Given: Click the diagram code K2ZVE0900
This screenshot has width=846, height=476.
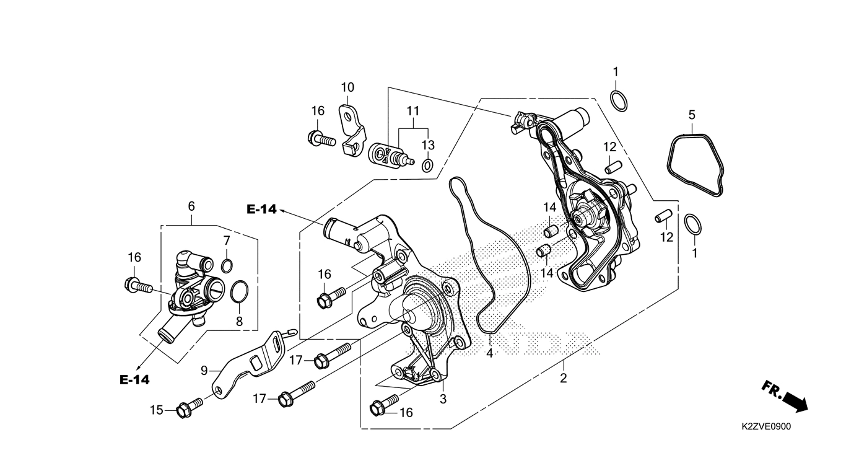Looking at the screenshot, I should click(765, 427).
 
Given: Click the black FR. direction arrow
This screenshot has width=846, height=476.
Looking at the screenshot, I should click(787, 398).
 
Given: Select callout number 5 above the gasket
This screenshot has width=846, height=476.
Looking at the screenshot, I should click(692, 115).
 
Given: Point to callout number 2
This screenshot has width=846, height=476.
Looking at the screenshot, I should click(564, 378).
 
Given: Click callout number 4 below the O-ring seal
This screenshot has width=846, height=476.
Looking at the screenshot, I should click(489, 353).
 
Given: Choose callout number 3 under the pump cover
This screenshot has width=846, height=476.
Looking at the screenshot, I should click(443, 399).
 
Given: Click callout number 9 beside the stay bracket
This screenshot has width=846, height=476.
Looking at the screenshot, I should click(204, 371).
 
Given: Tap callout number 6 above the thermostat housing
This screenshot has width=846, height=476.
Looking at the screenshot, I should click(191, 206).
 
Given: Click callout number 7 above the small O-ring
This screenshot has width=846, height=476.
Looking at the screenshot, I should click(227, 240).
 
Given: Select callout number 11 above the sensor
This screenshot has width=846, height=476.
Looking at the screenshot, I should click(413, 112).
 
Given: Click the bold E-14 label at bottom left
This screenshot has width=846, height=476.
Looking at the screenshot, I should click(134, 379).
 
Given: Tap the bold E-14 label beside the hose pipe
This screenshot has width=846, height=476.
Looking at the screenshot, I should click(261, 209).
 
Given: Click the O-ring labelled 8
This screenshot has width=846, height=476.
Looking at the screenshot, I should click(240, 291).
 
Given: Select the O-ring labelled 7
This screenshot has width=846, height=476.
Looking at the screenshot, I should click(227, 266).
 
